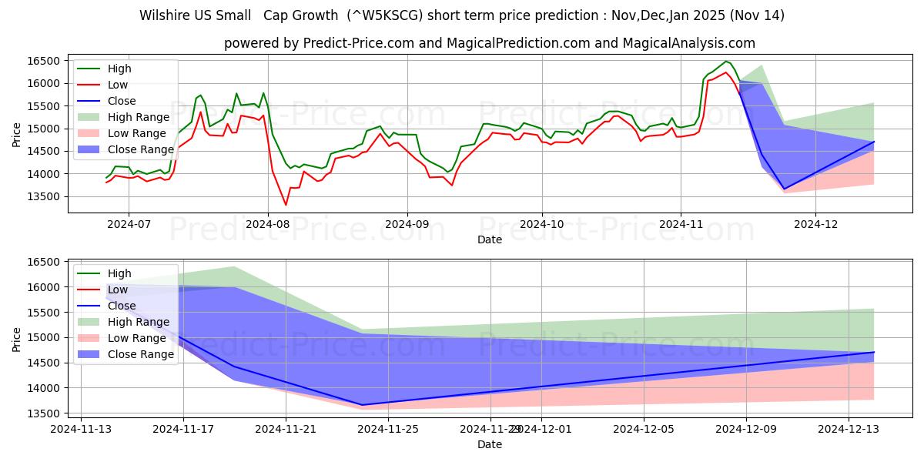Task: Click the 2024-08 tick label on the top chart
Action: (268, 224)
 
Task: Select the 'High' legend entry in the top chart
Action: (119, 69)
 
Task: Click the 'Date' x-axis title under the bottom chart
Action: (489, 444)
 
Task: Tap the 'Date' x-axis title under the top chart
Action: (489, 239)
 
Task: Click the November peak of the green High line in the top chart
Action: (725, 61)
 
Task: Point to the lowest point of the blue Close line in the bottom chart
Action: (362, 405)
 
